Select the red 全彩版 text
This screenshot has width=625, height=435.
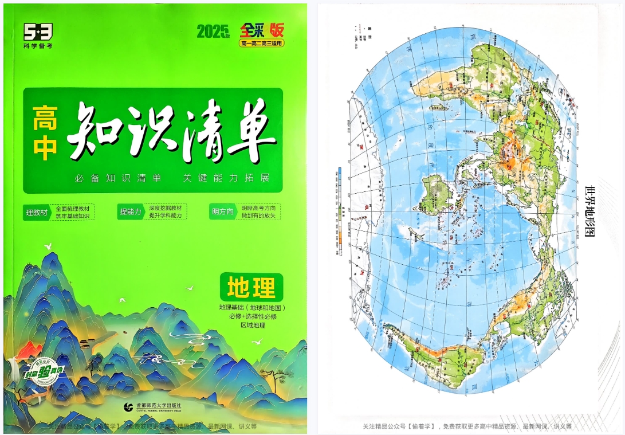pos(261,29)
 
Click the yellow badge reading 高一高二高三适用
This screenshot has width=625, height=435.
pos(261,43)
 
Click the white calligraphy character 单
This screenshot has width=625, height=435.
pos(251,134)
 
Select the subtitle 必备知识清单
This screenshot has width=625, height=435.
pos(117,178)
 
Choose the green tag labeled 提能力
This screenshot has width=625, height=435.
pos(130,211)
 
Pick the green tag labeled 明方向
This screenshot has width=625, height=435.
pos(223,211)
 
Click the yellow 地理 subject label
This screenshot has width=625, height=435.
pos(251,287)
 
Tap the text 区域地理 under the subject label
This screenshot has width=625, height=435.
pos(252,325)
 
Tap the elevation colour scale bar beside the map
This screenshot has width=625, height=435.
pos(340,206)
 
